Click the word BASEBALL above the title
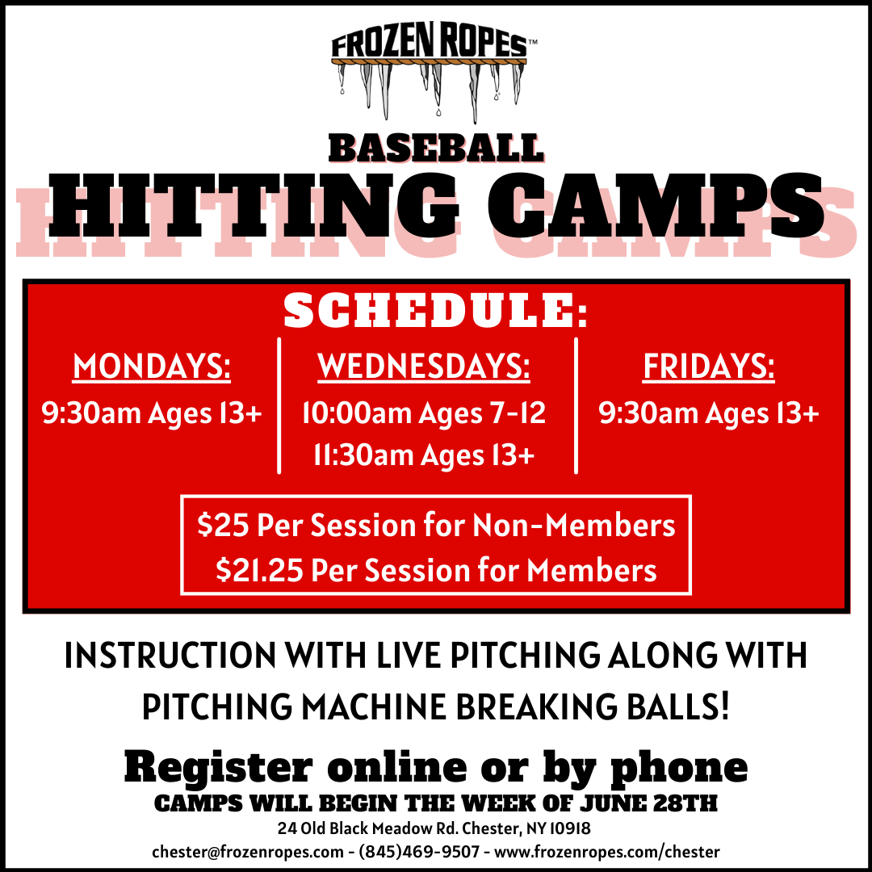click(435, 149)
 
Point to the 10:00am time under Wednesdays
click(357, 413)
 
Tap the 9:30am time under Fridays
click(648, 413)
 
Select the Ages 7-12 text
click(482, 413)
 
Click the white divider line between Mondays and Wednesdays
click(279, 405)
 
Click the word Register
click(218, 768)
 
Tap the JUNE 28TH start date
click(648, 803)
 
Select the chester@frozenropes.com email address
click(248, 852)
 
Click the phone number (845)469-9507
click(419, 852)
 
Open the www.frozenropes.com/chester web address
click(607, 852)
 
